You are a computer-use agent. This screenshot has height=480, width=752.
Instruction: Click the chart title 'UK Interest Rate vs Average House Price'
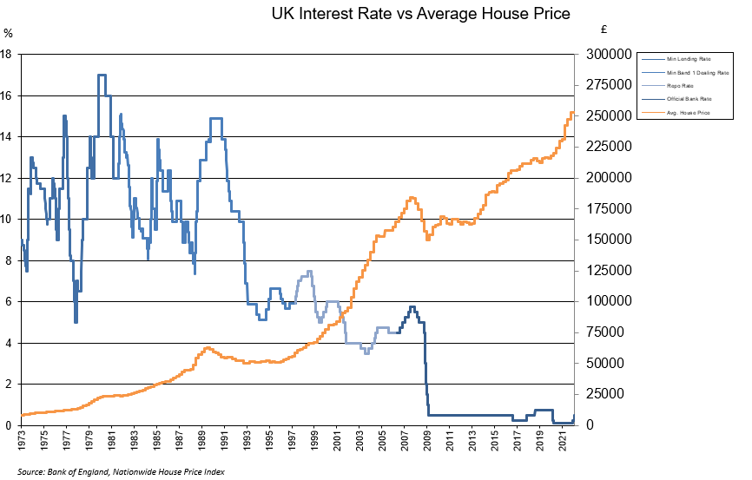coord(420,14)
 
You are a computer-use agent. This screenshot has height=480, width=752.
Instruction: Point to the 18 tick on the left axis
coord(6,54)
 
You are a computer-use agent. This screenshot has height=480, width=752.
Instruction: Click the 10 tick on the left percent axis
coord(6,219)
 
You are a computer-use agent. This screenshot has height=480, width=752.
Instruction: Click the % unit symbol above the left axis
coord(8,33)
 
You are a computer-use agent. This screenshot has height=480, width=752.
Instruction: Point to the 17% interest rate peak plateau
coord(102,75)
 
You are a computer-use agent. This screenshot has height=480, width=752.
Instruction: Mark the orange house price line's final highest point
coord(571,112)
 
